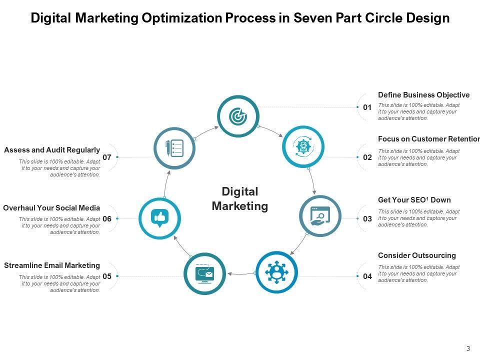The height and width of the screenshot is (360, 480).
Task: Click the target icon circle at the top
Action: pos(238,116)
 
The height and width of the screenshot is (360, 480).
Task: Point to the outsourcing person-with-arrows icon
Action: pos(276,272)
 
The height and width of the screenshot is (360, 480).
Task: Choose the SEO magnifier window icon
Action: pos(320,216)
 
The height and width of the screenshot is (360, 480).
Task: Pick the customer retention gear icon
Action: pos(303,146)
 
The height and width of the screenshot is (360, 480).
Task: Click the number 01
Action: pos(367,107)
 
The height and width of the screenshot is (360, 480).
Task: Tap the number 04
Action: pos(367,276)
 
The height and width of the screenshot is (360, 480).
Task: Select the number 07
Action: pos(107,157)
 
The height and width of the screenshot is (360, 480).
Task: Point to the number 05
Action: pos(107,276)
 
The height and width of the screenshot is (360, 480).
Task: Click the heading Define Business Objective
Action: pos(423,95)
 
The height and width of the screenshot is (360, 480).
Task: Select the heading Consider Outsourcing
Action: pos(417,255)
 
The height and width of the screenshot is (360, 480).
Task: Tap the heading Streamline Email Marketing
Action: pos(52,265)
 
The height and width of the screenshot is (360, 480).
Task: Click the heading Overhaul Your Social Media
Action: pos(51,208)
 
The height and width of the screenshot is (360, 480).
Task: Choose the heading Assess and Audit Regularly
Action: pos(52,150)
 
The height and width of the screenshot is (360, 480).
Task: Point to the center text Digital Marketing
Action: pos(240,199)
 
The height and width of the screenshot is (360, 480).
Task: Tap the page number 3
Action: pos(468,349)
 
